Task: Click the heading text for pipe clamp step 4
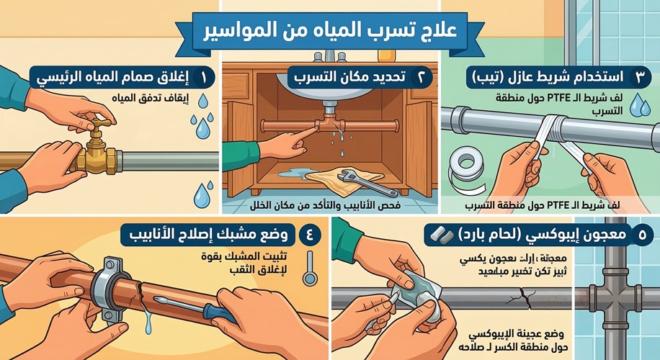coord(217,235)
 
